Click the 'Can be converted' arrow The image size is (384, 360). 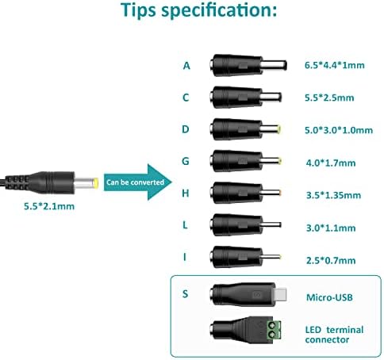pos(137,182)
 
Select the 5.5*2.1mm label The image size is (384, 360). pos(49,206)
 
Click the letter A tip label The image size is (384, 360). pos(186,66)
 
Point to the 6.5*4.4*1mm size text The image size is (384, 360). pos(335,65)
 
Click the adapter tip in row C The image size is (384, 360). pos(246,97)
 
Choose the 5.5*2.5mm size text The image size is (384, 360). pos(329,98)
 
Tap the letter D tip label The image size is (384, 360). pos(186,129)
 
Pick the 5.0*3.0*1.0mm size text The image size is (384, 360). pos(339,130)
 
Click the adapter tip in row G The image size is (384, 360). pos(246,161)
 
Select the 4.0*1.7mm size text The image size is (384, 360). pos(331,163)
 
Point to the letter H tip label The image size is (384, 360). pos(186,193)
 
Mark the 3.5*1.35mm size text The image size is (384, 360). pos(333,195)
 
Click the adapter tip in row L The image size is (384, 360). pos(245,225)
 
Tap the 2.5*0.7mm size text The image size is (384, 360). pos(331,261)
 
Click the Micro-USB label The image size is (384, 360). pos(329,297)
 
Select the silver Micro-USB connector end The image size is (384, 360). pos(281,295)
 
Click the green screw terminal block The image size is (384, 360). pos(274,330)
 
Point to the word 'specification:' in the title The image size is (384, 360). pos(219,10)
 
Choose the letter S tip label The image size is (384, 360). pos(186,293)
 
